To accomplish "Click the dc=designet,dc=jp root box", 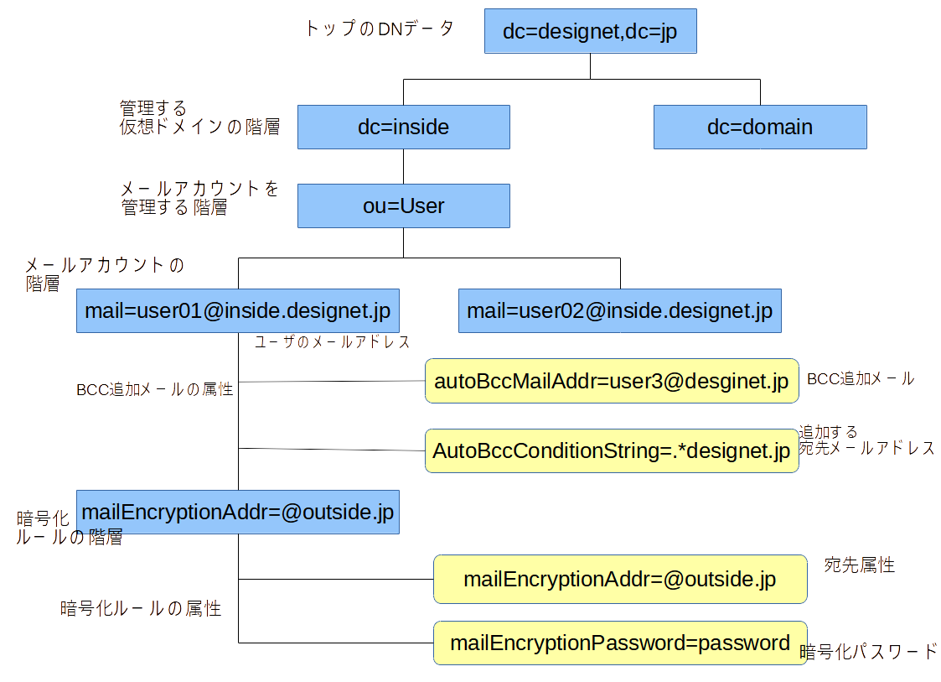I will (590, 32).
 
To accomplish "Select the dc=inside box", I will (403, 127).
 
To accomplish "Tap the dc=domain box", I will (759, 127).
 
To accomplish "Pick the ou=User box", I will (403, 206).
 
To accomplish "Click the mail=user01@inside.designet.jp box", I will (237, 311).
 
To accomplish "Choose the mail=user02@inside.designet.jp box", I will (619, 311).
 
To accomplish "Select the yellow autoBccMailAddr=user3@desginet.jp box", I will (611, 381).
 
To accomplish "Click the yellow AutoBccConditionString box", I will (611, 450).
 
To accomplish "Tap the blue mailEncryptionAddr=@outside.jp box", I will (237, 512).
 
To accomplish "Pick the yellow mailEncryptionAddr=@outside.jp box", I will (619, 579).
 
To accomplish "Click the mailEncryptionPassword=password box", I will (619, 643).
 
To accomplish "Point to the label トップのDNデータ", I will (379, 29).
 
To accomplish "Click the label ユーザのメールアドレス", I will (332, 342).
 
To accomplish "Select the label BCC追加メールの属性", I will (154, 389).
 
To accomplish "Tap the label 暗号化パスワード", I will (868, 652).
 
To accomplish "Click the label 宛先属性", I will (859, 565).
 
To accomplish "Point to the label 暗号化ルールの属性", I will (141, 609).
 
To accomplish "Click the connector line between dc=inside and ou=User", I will (403, 166).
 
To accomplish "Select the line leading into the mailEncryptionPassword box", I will (335, 643).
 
